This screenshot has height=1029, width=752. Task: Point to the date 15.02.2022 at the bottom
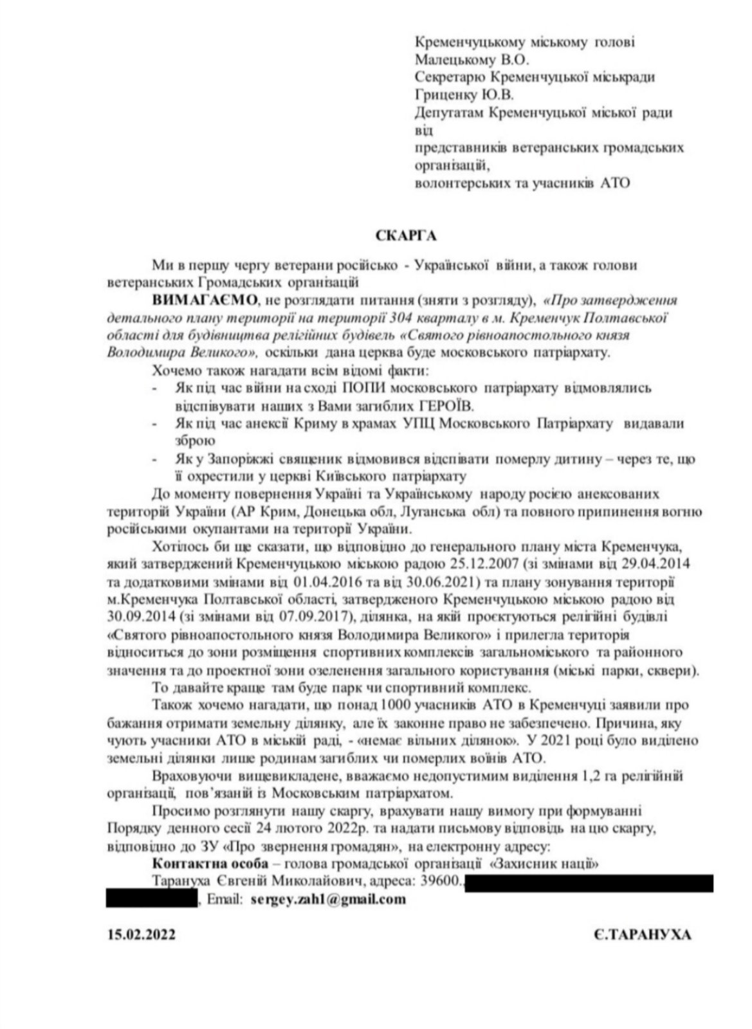pos(141,934)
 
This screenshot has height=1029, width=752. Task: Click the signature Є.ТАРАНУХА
pos(643,934)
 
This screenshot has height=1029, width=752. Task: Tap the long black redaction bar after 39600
pos(588,882)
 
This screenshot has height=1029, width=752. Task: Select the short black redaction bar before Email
pos(151,900)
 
